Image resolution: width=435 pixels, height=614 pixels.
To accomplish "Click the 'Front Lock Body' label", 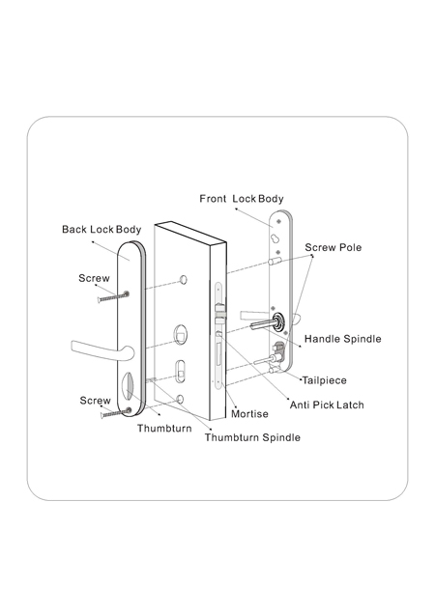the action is click(242, 199).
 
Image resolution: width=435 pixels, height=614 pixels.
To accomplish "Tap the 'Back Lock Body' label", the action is click(101, 230).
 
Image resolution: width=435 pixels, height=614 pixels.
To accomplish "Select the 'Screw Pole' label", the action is click(333, 247).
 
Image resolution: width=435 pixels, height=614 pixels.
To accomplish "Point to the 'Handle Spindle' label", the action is click(343, 339).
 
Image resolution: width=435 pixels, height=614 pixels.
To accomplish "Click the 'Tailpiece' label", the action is click(325, 380).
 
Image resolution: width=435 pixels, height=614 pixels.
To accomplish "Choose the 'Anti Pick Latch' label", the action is click(327, 405).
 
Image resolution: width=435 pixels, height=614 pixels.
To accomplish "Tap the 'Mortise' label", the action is click(249, 414).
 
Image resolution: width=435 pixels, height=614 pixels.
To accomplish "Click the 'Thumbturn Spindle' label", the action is click(252, 437).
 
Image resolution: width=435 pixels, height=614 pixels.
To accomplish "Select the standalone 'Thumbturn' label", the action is click(164, 428).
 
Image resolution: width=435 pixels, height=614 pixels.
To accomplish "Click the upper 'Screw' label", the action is click(94, 278).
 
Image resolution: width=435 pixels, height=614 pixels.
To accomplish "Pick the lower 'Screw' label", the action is click(96, 401).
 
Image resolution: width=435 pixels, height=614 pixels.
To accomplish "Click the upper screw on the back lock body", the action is click(114, 296).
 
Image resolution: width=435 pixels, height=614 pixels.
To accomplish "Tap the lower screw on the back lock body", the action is click(116, 412).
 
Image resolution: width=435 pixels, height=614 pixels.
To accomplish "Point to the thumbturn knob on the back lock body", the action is click(128, 386).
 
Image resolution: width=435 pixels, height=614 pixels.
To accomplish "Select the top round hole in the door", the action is click(183, 280).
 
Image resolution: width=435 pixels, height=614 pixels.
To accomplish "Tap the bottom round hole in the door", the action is click(180, 399).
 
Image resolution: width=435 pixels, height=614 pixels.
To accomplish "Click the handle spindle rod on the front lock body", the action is click(263, 324).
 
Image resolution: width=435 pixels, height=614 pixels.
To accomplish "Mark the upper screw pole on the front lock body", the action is click(275, 261).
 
